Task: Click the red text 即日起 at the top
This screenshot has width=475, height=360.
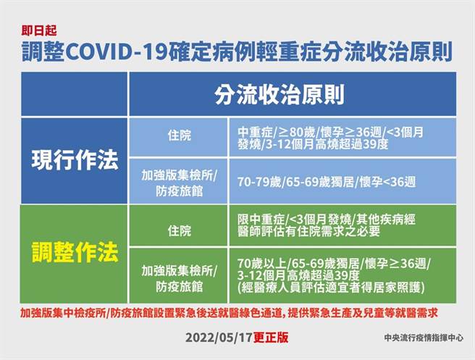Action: point(37,30)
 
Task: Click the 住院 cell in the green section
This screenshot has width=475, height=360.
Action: point(177,231)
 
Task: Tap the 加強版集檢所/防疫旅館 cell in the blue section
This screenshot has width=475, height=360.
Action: point(177,182)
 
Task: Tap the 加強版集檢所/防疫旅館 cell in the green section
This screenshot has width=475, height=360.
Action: point(177,275)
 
